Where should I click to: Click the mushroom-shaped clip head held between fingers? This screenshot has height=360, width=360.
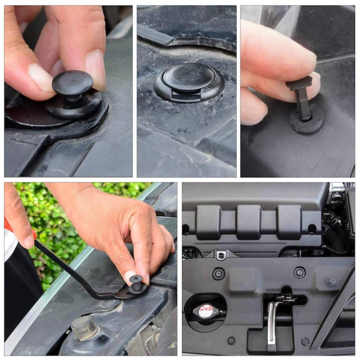(73, 82)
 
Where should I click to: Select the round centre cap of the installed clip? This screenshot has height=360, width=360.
(189, 76)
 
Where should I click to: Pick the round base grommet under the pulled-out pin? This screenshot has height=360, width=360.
(307, 119)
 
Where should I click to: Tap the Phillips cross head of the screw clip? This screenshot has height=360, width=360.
(136, 279)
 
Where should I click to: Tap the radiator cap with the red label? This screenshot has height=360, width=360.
(206, 311)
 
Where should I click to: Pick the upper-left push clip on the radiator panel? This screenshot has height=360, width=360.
(219, 273)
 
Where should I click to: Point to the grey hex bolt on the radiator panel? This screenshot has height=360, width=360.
(331, 281)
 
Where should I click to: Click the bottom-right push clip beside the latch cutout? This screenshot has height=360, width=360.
(305, 341)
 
